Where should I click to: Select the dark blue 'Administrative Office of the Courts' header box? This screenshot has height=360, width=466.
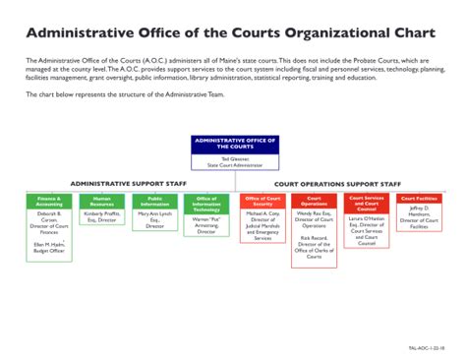coord(234,144)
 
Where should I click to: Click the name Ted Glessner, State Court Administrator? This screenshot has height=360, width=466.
coord(234,161)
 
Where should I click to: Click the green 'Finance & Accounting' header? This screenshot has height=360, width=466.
coord(49,201)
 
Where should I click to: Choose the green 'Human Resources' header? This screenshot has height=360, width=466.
coord(102,201)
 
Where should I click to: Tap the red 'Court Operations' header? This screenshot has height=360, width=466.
coord(314,201)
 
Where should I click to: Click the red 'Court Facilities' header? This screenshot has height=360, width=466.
coord(418,199)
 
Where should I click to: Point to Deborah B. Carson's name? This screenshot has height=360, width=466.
coord(49,216)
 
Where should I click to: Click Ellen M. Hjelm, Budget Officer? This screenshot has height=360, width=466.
coord(49,247)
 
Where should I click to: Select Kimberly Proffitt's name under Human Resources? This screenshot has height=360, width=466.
coord(102,214)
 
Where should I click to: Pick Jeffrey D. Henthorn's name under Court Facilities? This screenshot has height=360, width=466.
coord(418,211)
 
